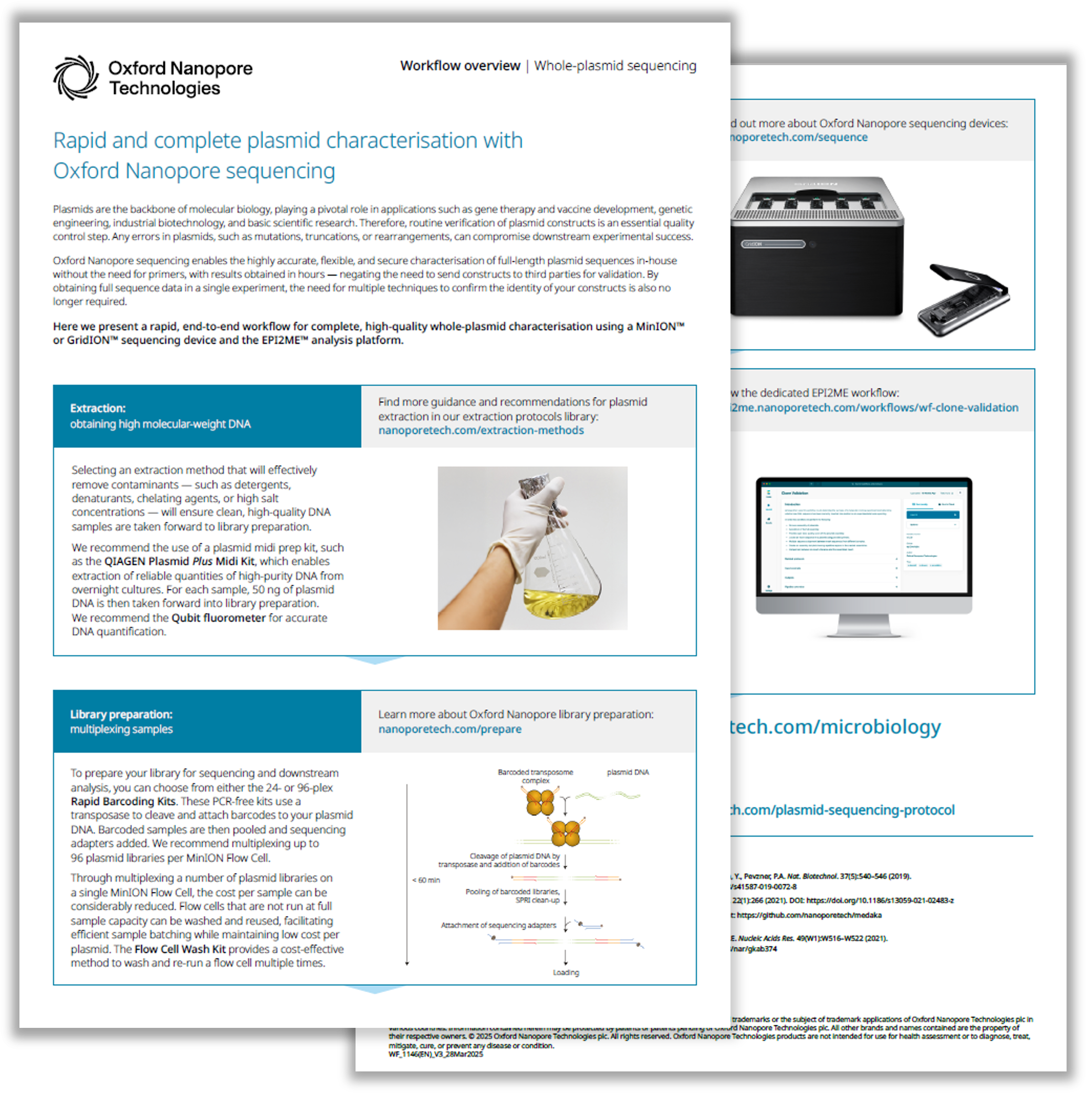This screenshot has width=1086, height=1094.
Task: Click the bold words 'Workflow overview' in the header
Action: pos(460,66)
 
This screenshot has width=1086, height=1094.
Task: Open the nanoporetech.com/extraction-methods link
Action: pos(481,430)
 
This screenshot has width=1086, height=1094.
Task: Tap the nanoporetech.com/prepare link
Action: pos(450,729)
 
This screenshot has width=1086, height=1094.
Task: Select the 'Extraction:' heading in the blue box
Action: pos(98,408)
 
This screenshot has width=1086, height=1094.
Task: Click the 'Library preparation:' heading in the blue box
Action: pos(121,714)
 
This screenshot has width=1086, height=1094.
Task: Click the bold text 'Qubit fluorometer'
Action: pos(218,618)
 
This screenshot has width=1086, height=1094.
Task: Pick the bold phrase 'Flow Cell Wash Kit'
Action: pos(180,949)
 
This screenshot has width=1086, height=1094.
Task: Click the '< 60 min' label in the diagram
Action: pos(426,880)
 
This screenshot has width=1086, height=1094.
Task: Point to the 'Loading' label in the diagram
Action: pos(566,972)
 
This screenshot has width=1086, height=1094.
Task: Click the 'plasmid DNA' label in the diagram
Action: pos(628,772)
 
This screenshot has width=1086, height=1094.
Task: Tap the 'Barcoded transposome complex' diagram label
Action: pos(535,776)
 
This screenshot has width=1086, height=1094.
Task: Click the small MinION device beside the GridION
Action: pos(963,300)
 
